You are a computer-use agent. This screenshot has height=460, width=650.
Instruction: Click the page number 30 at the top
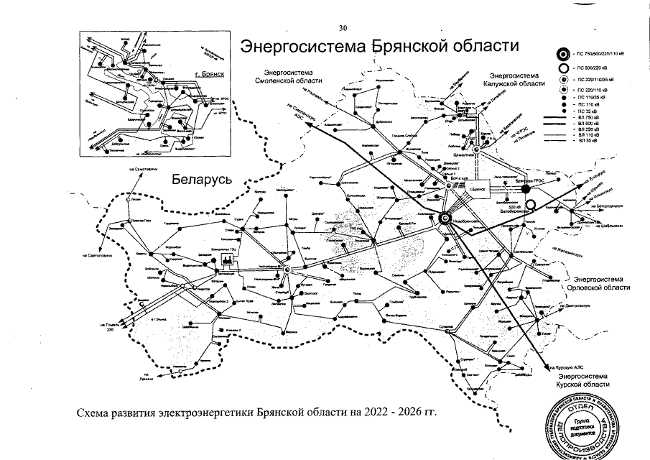pos(343,28)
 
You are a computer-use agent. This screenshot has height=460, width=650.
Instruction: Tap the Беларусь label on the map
pos(201,180)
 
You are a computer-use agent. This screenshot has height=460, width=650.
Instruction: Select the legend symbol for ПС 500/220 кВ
pos(563,68)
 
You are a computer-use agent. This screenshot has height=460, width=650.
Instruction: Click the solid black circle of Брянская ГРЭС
pos(525,189)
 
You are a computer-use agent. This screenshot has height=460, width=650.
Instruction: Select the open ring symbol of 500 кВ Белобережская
pos(530,206)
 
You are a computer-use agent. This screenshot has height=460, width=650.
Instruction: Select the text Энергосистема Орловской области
pos(598,282)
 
